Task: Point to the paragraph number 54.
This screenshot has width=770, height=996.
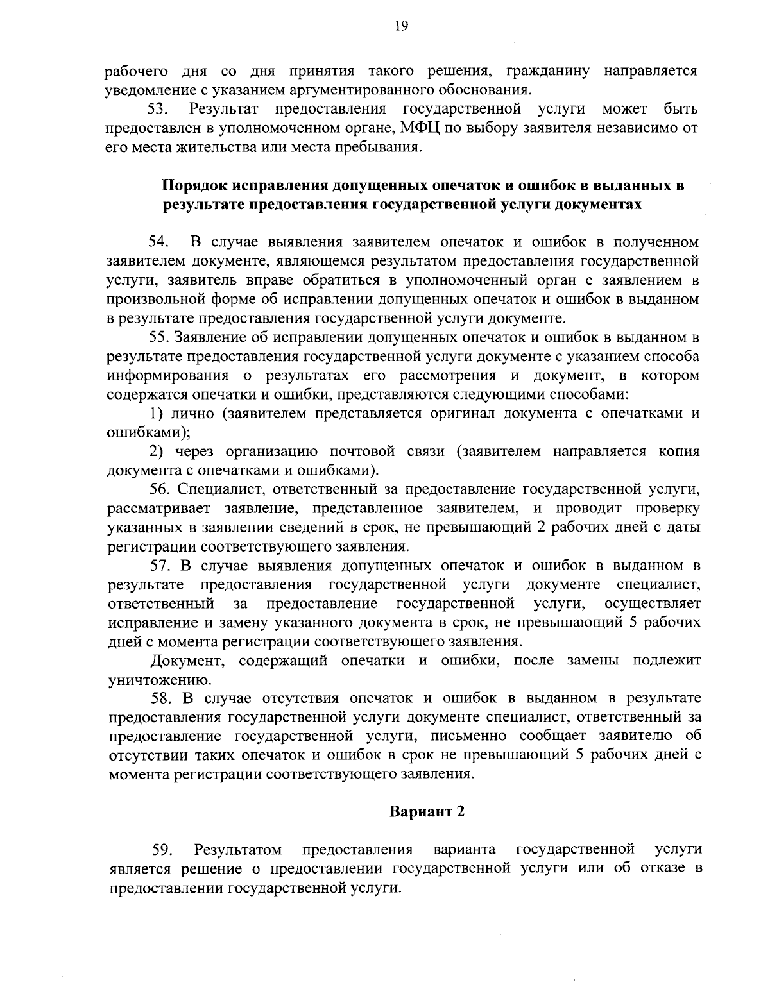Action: coord(159,242)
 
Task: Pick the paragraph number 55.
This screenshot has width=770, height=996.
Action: coord(160,337)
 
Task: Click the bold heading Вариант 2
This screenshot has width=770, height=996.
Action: coord(427,812)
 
